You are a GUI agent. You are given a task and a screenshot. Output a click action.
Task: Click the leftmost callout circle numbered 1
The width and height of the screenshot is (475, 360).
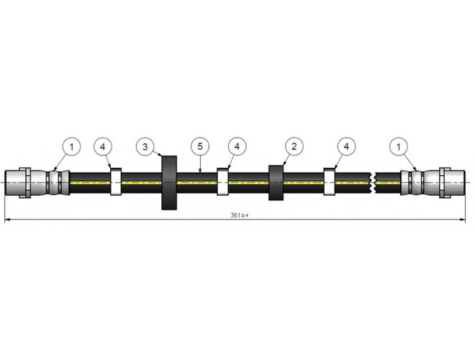(x=72, y=147)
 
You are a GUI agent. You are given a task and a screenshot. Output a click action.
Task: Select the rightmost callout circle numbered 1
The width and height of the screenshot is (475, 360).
(x=399, y=147)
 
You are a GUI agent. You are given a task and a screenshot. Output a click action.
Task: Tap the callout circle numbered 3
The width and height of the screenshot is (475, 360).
(x=145, y=147)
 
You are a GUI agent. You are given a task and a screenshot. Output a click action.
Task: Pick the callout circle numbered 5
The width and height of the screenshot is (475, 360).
(x=200, y=146)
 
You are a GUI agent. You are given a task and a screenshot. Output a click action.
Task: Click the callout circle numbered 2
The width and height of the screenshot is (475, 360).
(x=294, y=147)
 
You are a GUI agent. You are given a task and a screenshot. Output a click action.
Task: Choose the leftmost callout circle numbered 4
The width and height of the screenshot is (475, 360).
(x=103, y=147)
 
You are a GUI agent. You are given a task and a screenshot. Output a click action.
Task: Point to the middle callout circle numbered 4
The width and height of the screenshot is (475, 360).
(x=237, y=147)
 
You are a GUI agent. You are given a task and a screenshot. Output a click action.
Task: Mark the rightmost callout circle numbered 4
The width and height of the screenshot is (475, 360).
(x=347, y=147)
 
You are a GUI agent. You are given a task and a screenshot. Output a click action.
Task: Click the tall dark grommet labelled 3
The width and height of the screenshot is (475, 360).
(x=169, y=183)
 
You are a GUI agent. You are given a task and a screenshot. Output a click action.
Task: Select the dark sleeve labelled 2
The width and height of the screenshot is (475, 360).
(x=276, y=183)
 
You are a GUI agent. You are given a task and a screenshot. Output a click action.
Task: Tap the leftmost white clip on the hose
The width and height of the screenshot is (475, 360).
(x=116, y=182)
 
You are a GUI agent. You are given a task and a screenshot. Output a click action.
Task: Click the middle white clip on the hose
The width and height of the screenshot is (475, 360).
(x=222, y=182)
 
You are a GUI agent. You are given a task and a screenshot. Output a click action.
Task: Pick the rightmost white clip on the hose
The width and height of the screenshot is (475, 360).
(x=330, y=182)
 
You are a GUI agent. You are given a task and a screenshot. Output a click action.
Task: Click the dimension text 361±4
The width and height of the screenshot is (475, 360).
(x=240, y=215)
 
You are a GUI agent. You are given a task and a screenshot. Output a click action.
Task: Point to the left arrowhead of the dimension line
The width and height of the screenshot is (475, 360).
(x=6, y=219)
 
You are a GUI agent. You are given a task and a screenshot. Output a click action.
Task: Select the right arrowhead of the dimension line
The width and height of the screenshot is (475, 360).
(x=463, y=219)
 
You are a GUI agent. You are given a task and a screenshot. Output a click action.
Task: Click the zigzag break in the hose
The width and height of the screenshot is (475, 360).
(x=374, y=183)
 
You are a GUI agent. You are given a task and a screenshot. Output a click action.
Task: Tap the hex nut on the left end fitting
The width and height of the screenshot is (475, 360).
(x=25, y=183)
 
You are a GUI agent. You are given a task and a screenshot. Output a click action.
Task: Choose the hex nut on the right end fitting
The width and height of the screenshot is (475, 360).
(x=445, y=183)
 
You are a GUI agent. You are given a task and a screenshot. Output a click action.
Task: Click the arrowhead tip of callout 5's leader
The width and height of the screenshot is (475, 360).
(x=200, y=172)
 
